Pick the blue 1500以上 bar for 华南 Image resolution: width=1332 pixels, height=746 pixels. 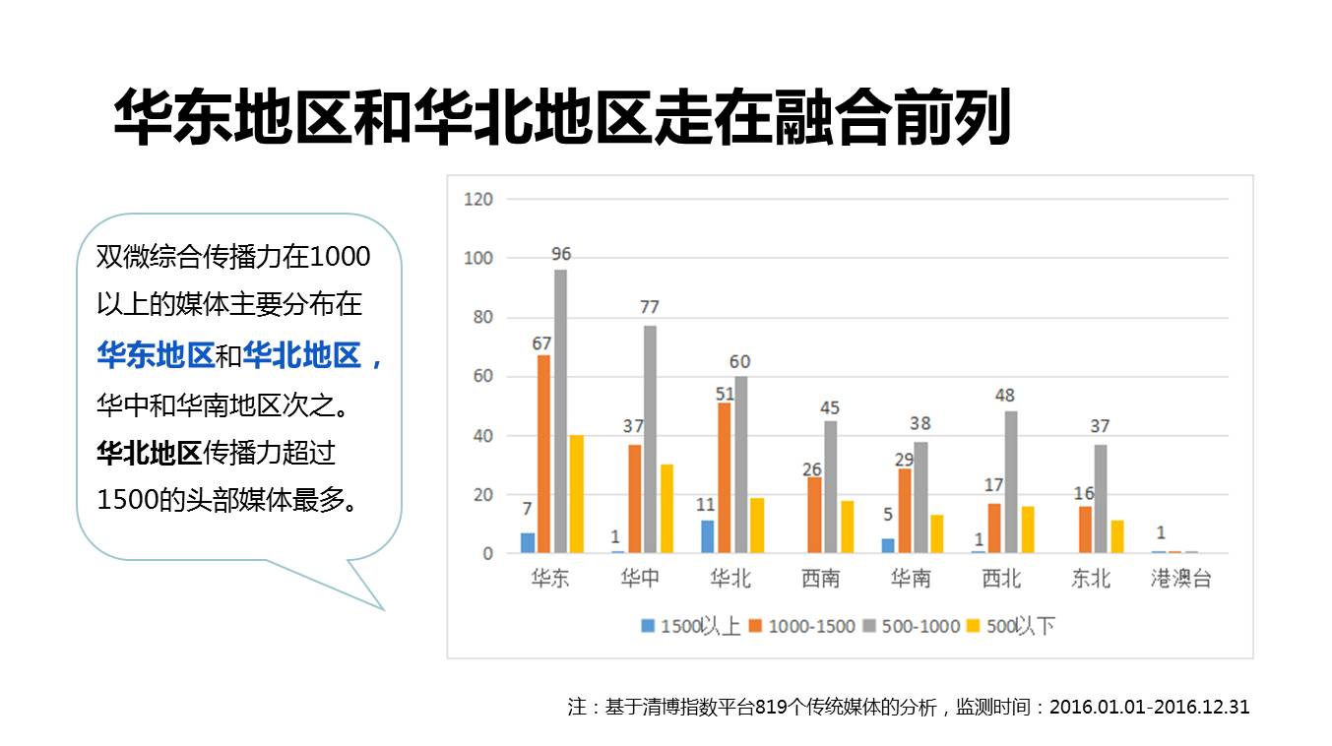tap(888, 545)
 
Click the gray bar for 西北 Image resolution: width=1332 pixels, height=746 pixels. tap(1011, 482)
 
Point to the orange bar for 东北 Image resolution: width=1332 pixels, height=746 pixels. tap(1085, 529)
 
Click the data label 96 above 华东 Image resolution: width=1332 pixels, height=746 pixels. tap(561, 255)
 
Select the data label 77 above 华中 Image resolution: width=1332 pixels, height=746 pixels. tap(650, 307)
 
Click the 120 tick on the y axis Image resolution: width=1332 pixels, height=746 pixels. tap(478, 199)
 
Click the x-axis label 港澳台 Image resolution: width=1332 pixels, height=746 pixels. tap(1181, 579)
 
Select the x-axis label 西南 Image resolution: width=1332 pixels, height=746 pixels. tap(820, 579)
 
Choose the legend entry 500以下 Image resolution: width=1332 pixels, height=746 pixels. tap(1020, 626)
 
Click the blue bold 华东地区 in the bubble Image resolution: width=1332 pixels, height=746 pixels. tap(156, 355)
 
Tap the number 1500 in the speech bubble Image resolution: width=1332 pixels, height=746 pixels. tap(127, 500)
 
